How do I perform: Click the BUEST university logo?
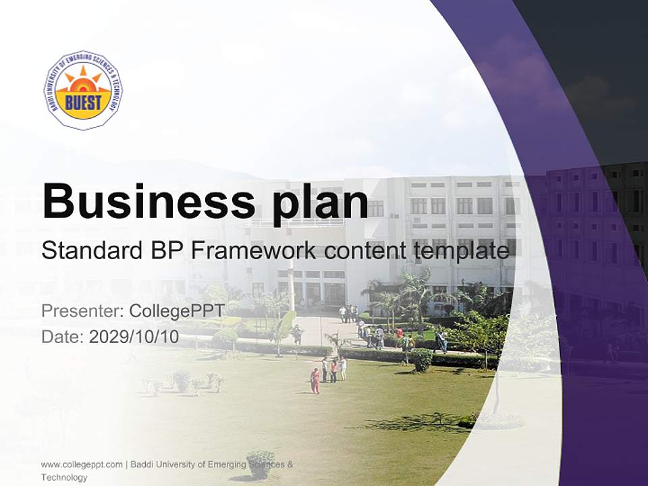coord(84,90)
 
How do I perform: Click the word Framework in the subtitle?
coord(254,250)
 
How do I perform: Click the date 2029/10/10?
coord(134,337)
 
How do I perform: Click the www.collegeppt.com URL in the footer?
coord(82,464)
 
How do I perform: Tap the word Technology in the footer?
coord(64,477)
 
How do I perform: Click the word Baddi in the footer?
coord(142,464)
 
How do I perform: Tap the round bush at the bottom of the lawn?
coord(261,463)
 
